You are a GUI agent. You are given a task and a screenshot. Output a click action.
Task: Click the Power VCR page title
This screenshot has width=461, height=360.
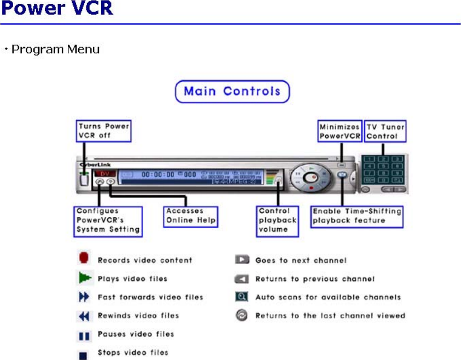point(57,9)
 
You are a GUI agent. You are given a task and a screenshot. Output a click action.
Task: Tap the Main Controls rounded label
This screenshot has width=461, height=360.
point(232,91)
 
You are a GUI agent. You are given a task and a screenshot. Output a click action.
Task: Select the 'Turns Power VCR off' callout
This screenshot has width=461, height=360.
point(104,131)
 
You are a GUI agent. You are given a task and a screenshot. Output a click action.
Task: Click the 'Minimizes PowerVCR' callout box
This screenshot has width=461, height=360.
point(340,131)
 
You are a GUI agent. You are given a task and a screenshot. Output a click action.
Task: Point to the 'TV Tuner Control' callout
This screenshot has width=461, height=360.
point(385,131)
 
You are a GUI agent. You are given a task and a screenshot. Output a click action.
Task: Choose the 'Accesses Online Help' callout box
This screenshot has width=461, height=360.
point(191,216)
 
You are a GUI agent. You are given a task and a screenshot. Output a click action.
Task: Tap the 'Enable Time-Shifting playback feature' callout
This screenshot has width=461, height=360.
point(357,216)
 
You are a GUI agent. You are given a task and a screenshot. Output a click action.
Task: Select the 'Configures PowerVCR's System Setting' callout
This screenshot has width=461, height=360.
point(108,221)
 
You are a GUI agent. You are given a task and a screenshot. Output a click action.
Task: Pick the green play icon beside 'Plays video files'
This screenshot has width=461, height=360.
point(84,278)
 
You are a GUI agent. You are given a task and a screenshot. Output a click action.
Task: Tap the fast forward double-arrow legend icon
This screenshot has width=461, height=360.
point(84,297)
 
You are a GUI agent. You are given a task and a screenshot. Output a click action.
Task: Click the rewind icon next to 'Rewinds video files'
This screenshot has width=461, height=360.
point(84,316)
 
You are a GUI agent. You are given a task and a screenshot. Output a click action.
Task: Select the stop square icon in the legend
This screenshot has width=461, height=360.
point(84,353)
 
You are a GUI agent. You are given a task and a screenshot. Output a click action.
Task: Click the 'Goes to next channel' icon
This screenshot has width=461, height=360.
point(242,260)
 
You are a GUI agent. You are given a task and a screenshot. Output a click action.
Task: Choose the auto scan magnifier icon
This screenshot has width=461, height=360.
point(242,297)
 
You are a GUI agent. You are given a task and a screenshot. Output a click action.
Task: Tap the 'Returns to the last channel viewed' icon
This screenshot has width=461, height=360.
point(242,316)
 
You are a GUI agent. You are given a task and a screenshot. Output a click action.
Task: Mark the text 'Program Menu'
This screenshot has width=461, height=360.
point(55,49)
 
